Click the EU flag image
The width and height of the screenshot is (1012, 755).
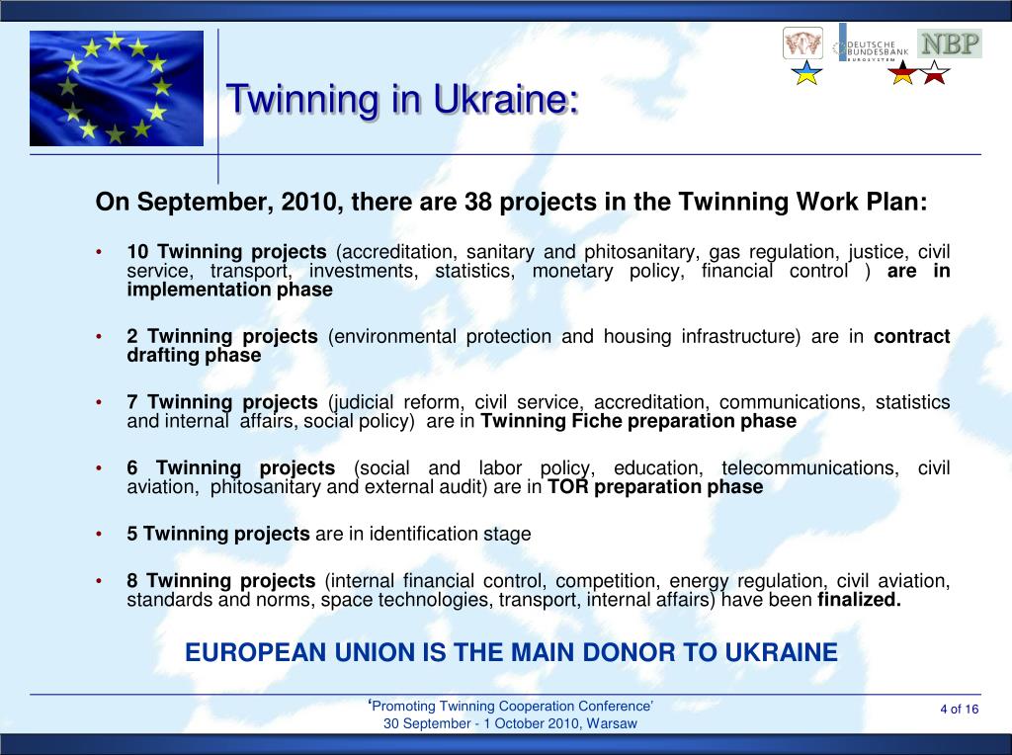click(116, 88)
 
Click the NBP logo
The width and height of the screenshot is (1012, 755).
click(949, 43)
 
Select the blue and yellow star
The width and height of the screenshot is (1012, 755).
click(808, 72)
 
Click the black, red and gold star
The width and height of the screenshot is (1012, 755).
click(903, 72)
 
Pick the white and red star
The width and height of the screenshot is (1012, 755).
click(934, 72)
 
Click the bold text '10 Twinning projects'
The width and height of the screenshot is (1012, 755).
click(226, 251)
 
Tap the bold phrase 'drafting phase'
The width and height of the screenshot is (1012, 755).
click(194, 356)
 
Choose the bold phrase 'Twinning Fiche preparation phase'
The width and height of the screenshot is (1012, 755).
click(637, 421)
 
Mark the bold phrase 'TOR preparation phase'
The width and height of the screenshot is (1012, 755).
click(655, 486)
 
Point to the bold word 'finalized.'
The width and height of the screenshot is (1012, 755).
click(859, 599)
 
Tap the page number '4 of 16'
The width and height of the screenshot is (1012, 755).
click(959, 710)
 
